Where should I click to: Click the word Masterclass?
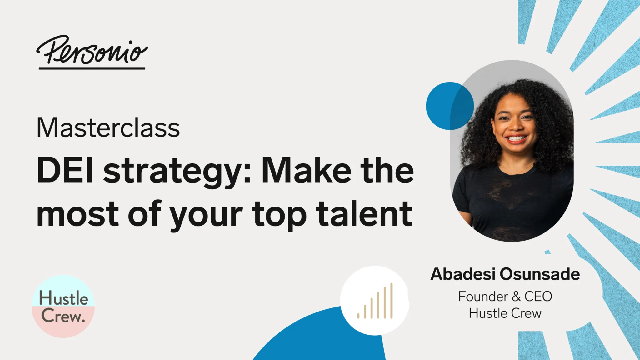coord(108,127)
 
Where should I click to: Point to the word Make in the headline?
coord(306,171)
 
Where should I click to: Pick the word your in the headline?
coord(206,216)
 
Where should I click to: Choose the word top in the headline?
coord(279,216)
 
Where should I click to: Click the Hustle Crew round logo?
coord(63,306)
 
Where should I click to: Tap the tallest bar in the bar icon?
coord(391,301)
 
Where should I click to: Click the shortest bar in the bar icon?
coord(358,316)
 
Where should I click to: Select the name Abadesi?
coord(463,274)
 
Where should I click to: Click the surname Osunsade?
coord(540,274)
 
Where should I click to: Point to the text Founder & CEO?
coord(505,296)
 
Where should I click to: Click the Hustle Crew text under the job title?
coord(505,313)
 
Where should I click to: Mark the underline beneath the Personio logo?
coord(92,68)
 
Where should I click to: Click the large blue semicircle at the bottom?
coord(319,341)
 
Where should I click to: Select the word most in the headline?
coord(77,214)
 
